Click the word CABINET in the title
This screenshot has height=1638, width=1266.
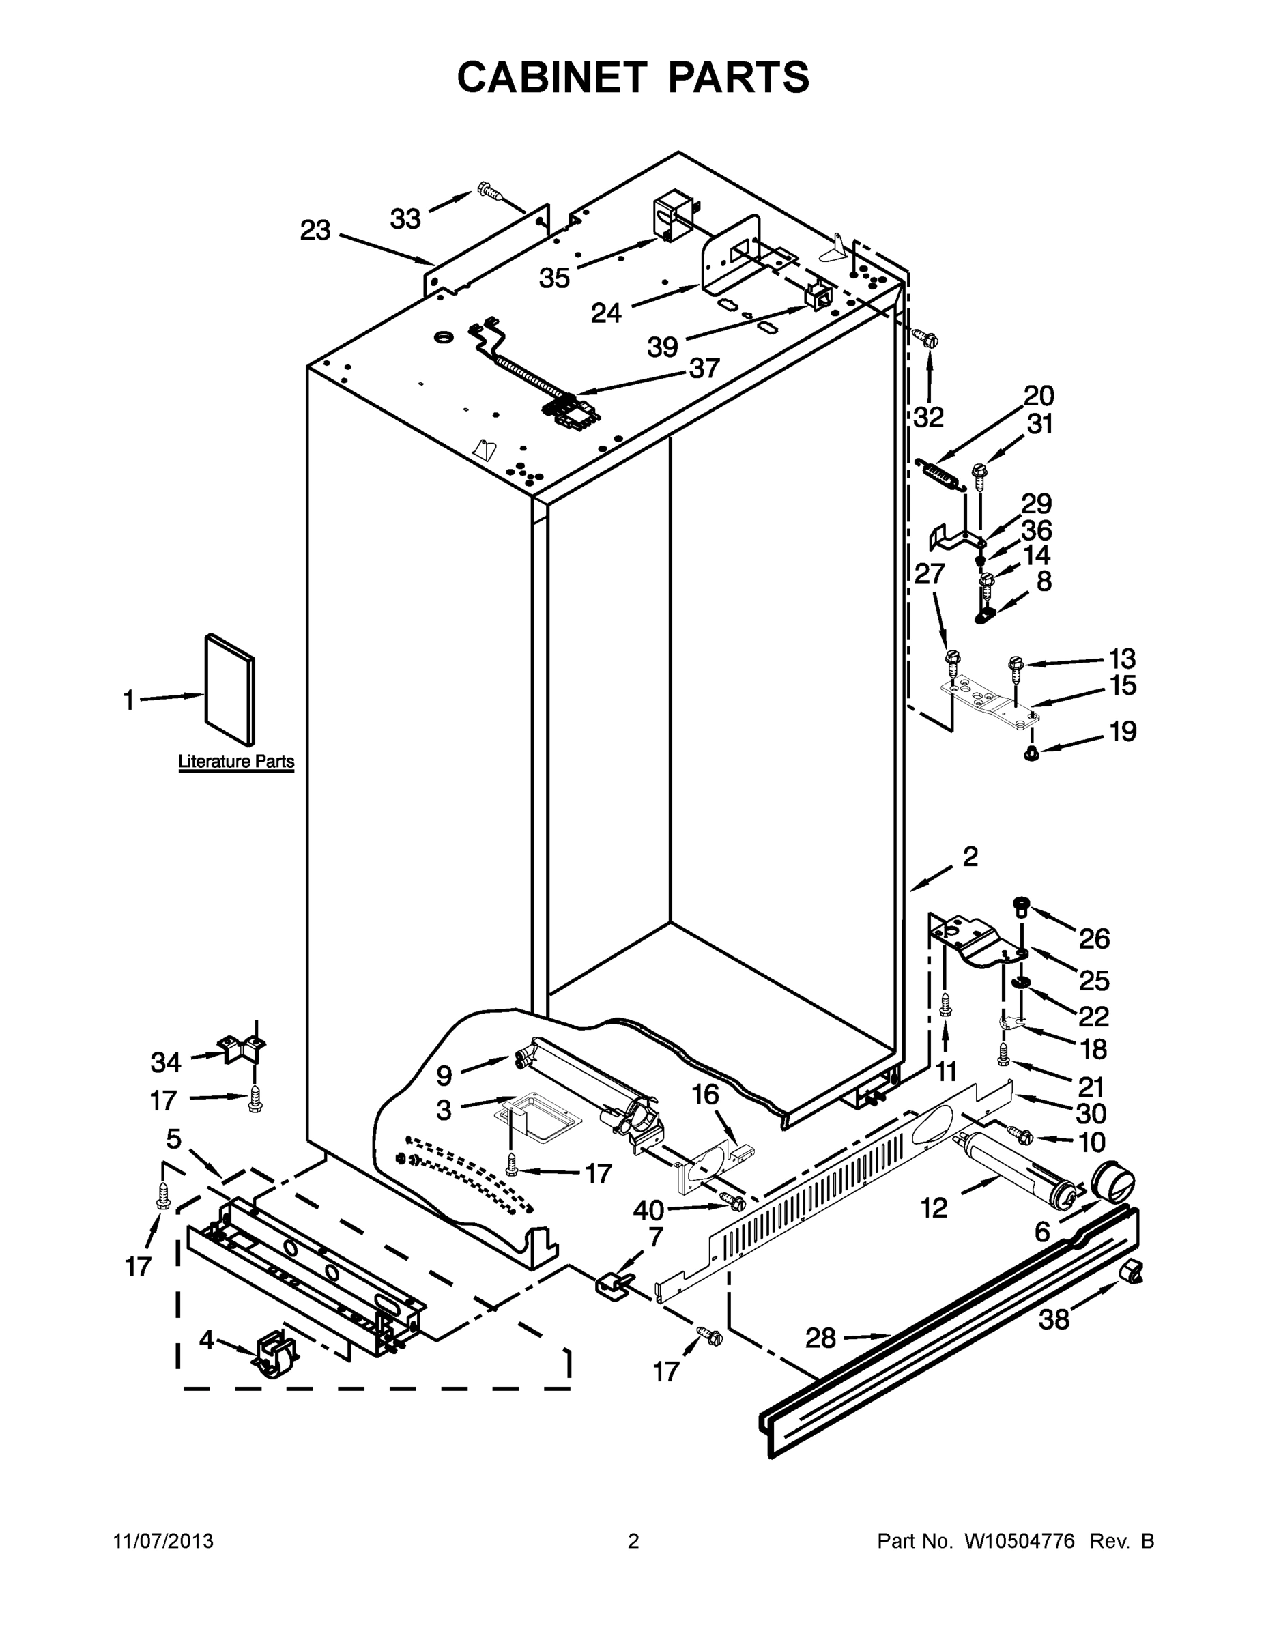pos(552,77)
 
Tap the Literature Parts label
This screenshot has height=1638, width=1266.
pos(236,762)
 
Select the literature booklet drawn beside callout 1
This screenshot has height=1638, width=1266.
pos(229,690)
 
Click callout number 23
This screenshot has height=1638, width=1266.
pos(315,230)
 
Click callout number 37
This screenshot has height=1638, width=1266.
pos(704,369)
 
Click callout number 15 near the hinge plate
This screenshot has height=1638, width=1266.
pos(1123,685)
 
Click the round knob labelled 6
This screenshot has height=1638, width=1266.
pos(1114,1185)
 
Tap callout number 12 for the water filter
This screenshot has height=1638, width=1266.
pos(934,1207)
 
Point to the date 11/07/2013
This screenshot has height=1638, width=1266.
pos(164,1541)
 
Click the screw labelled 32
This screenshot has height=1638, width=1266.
pos(930,339)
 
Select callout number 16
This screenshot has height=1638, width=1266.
pos(705,1095)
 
